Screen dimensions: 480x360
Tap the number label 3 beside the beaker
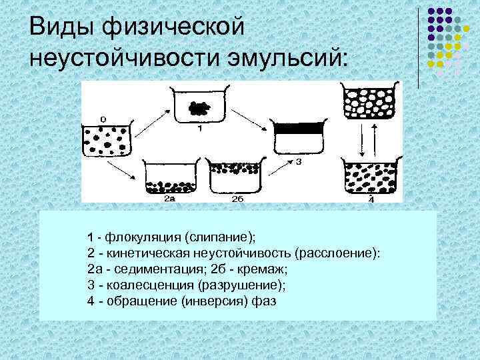299,162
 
